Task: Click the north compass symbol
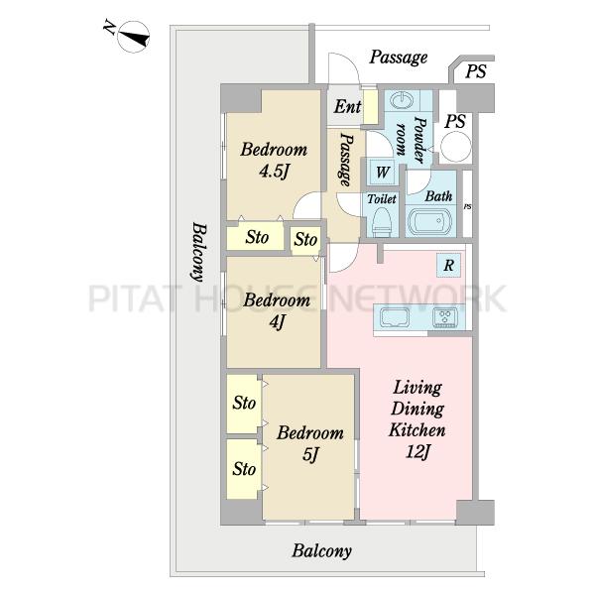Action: coord(133,37)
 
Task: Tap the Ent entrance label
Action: coord(347,107)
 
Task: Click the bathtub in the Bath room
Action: coord(428,221)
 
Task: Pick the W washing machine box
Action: coord(382,173)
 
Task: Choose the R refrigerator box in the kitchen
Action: coord(448,265)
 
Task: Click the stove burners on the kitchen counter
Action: coord(445,317)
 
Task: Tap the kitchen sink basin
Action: coord(395,317)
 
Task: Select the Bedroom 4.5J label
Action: coord(274,161)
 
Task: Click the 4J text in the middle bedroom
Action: coord(277,322)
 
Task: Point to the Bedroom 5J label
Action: coord(310,443)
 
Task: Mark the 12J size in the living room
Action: coord(417,452)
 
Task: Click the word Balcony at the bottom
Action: coord(321,551)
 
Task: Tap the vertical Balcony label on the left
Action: coord(199,252)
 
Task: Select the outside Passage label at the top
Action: coord(399,58)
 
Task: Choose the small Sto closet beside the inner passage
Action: coord(305,239)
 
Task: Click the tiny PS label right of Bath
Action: coord(467,207)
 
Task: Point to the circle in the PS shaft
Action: coord(455,147)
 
